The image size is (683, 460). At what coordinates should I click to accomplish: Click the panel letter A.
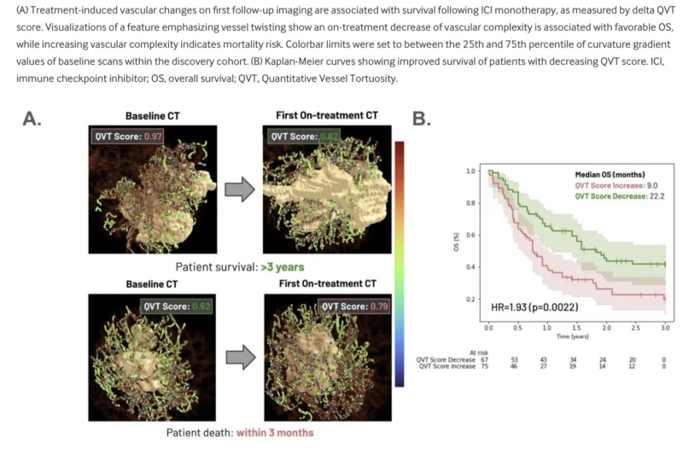pyautogui.click(x=32, y=119)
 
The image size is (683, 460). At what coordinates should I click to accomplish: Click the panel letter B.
pyautogui.click(x=421, y=119)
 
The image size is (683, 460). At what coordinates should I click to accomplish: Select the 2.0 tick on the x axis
pyautogui.click(x=607, y=329)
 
